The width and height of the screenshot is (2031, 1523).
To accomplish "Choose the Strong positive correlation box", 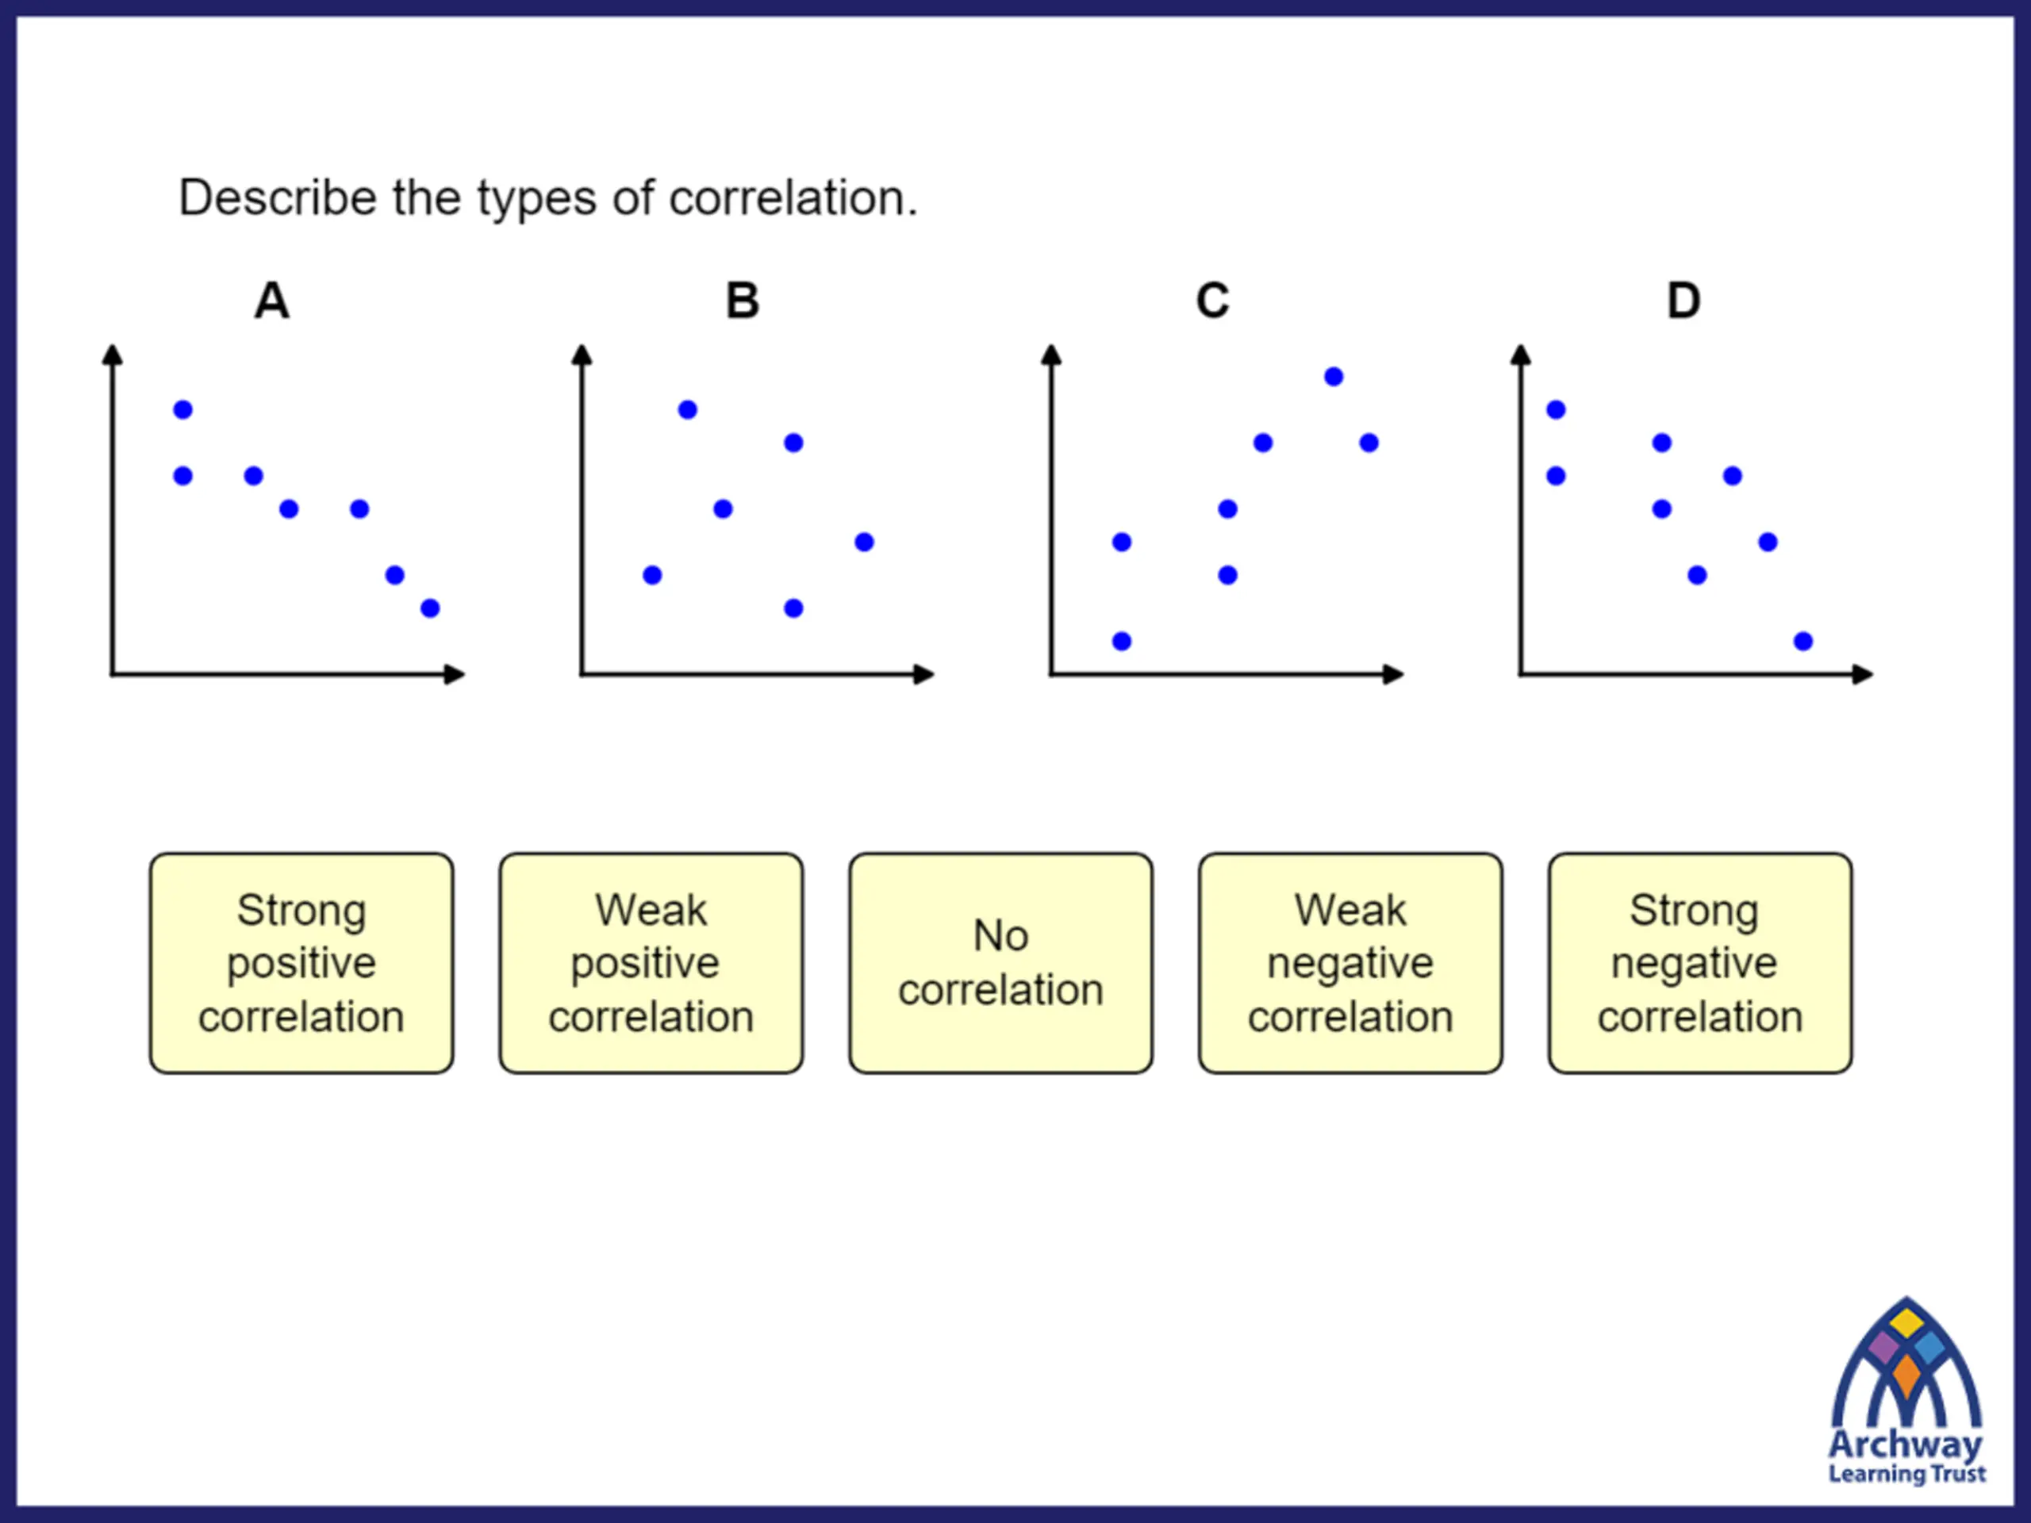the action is [x=301, y=963].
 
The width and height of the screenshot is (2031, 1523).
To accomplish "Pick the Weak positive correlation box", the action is [x=651, y=963].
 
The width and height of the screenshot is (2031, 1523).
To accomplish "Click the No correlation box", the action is [x=1000, y=963].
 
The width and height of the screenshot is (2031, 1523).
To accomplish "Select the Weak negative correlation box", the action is [x=1350, y=963].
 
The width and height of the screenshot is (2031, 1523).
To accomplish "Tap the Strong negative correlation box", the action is [x=1700, y=963].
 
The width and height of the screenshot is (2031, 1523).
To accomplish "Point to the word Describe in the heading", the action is [x=278, y=198].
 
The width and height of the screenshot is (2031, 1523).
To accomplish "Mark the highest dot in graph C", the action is [x=1334, y=377].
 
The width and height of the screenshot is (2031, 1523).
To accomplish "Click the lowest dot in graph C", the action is [x=1122, y=641].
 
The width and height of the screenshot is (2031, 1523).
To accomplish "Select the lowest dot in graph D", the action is [x=1803, y=641].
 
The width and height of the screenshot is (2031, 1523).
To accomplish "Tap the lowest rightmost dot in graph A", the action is [x=430, y=608].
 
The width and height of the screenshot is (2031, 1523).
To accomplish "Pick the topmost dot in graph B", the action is [x=688, y=409].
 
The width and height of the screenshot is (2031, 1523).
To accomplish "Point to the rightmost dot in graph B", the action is [x=864, y=542].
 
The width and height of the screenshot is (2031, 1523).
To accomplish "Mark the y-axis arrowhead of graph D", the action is [x=1521, y=355].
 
